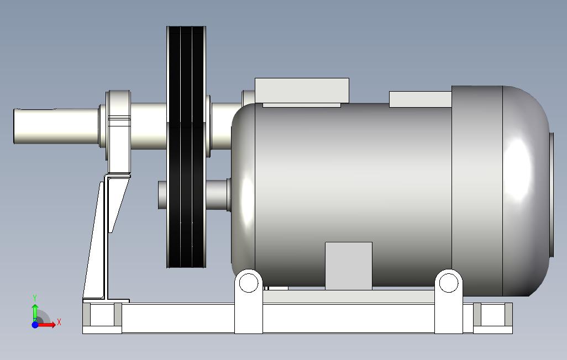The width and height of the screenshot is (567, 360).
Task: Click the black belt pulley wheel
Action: click(186, 147)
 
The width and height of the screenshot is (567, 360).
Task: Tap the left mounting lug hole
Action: click(249, 282)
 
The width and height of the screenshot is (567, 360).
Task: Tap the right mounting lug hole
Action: click(448, 282)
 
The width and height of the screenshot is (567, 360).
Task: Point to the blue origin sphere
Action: click(35, 325)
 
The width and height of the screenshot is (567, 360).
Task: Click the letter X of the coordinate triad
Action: click(59, 322)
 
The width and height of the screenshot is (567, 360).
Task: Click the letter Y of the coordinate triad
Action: click(35, 298)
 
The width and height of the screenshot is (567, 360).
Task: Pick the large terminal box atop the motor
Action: click(302, 92)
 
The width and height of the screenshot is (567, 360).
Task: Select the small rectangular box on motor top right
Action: click(420, 99)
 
